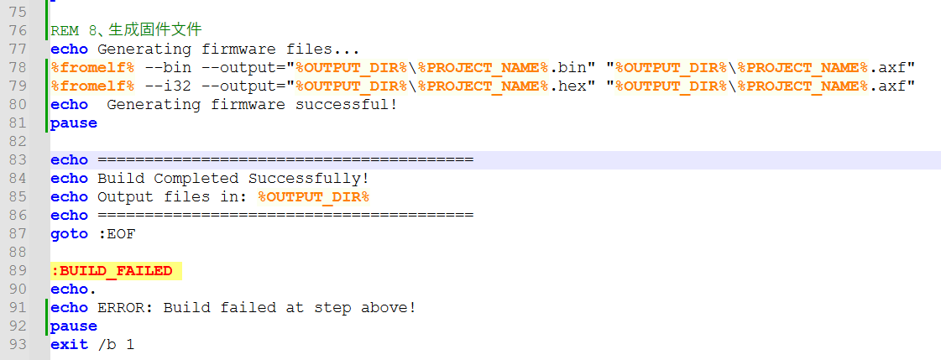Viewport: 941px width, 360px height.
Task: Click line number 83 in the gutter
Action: (x=18, y=160)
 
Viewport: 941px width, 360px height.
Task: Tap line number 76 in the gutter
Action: (x=18, y=30)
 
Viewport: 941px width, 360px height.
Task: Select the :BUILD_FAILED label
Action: (x=112, y=271)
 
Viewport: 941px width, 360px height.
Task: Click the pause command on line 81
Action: (x=74, y=123)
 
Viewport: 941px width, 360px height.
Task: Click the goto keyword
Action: (x=69, y=234)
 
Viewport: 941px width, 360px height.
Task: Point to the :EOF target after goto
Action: (x=117, y=234)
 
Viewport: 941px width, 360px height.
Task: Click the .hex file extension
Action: (x=567, y=86)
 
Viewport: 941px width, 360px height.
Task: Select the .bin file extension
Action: (x=567, y=68)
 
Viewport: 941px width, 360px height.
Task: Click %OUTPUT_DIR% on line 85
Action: (x=314, y=197)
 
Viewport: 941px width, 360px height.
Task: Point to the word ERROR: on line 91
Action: (x=125, y=309)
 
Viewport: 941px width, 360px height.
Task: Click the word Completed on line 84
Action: (x=196, y=179)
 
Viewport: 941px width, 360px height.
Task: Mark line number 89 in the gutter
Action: (x=18, y=271)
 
